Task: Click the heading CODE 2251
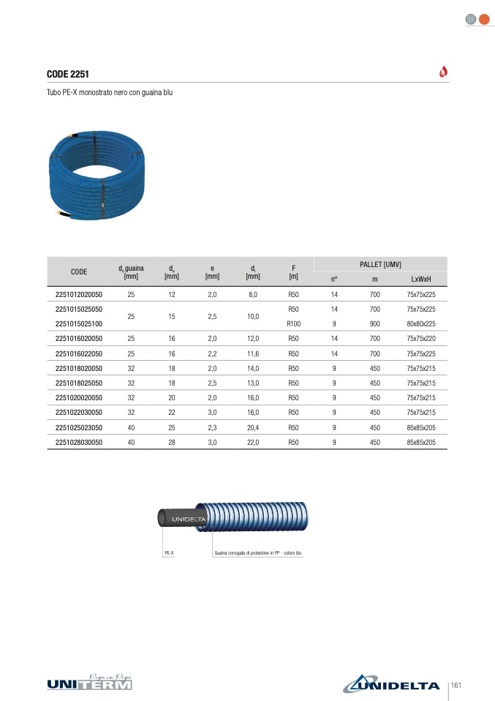point(68,74)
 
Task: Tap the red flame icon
point(443,72)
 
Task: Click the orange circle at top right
point(484,19)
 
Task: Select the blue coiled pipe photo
point(97,175)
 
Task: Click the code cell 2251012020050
point(79,295)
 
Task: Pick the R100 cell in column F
point(293,323)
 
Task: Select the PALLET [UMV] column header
point(380,265)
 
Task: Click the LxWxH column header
point(421,279)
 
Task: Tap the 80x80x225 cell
point(421,323)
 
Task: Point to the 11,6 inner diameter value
point(253,353)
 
